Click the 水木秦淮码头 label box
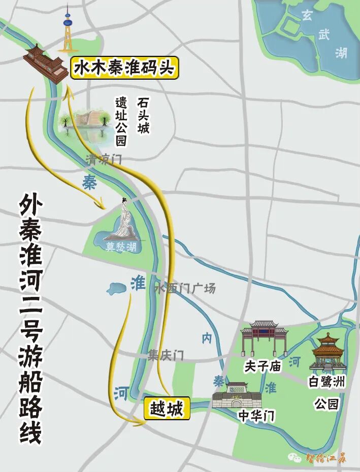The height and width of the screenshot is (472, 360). click(x=124, y=68)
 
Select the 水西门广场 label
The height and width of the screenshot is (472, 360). click(x=185, y=288)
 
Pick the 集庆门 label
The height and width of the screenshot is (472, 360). click(x=166, y=356)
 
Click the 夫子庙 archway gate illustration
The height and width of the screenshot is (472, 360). click(x=264, y=338)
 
